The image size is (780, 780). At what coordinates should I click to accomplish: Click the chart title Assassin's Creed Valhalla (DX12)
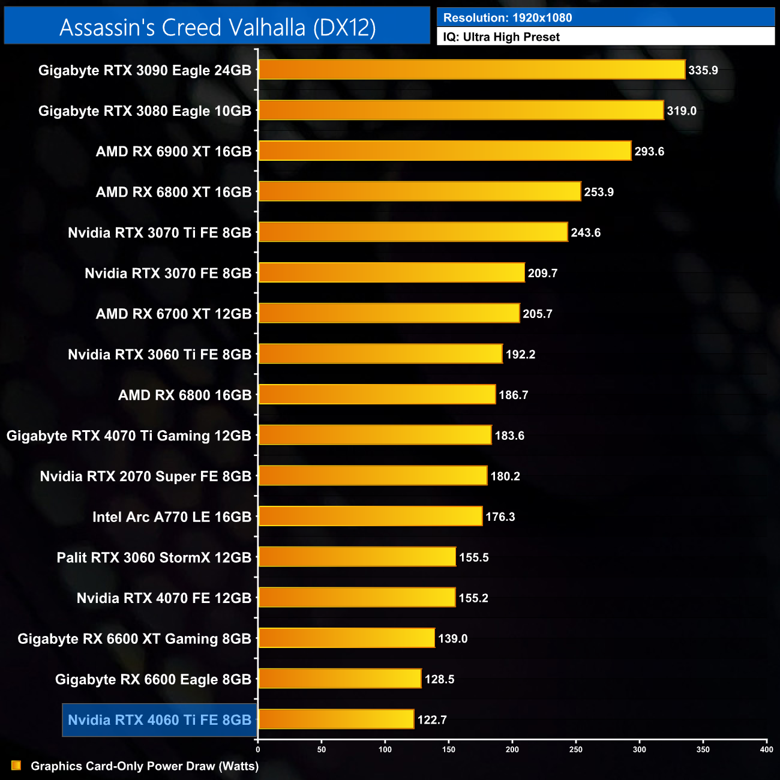coord(217,27)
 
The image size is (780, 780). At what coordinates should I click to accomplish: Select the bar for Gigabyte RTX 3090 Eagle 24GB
coord(472,70)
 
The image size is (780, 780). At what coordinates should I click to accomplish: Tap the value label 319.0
coord(682,111)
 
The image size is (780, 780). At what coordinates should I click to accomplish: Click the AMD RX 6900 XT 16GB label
coord(173,152)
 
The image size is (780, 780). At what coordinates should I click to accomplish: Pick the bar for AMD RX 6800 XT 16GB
coord(419,191)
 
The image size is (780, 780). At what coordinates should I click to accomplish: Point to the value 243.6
coord(586,233)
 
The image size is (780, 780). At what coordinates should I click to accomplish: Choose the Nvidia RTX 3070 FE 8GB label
coord(168,274)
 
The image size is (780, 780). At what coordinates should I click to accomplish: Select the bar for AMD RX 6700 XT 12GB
coord(389,313)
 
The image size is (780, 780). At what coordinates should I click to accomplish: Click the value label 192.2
coord(520,355)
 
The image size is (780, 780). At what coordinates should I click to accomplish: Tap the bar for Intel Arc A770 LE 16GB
coord(370,516)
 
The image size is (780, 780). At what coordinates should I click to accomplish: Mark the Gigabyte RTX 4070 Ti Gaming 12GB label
coord(128,436)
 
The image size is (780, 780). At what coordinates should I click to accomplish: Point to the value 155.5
coord(473,557)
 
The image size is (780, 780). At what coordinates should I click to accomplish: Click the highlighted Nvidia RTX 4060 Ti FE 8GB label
coord(160,720)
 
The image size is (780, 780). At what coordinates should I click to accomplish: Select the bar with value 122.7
coord(336,719)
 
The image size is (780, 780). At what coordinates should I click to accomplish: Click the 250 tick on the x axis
coord(576,749)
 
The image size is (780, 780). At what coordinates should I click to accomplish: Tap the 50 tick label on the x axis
coord(322,749)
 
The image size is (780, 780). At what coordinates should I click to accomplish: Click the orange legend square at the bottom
coord(16,766)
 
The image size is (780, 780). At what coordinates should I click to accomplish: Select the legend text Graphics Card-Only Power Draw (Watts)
coord(145,766)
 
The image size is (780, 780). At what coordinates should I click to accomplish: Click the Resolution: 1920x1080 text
coord(508,18)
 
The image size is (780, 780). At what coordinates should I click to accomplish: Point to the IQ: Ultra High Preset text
coord(501,37)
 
